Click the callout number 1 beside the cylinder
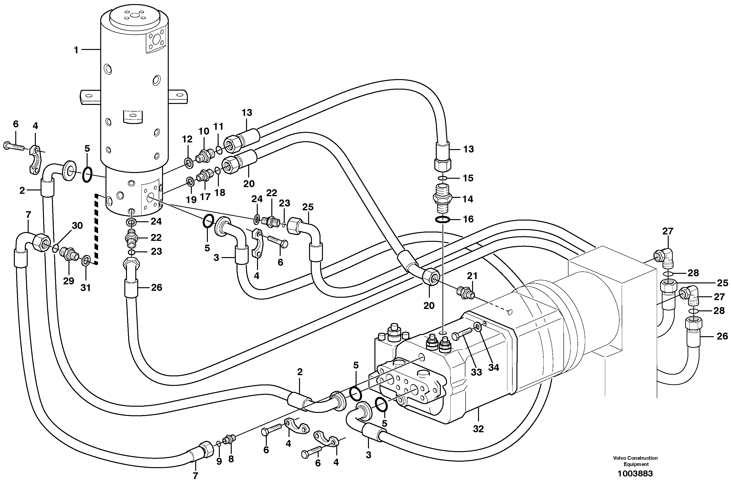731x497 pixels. point(76,50)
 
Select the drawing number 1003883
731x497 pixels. point(635,473)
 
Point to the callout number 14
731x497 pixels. point(468,199)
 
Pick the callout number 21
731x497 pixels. point(472,276)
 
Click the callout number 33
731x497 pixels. point(476,372)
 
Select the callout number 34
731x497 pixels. point(494,367)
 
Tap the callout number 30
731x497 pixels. point(77,226)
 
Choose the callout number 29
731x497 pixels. point(68,281)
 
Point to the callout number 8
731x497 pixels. point(231,459)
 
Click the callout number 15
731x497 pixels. point(468,178)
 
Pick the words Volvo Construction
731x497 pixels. point(635,458)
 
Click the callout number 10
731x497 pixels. point(204,131)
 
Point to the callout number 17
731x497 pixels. point(205,197)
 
